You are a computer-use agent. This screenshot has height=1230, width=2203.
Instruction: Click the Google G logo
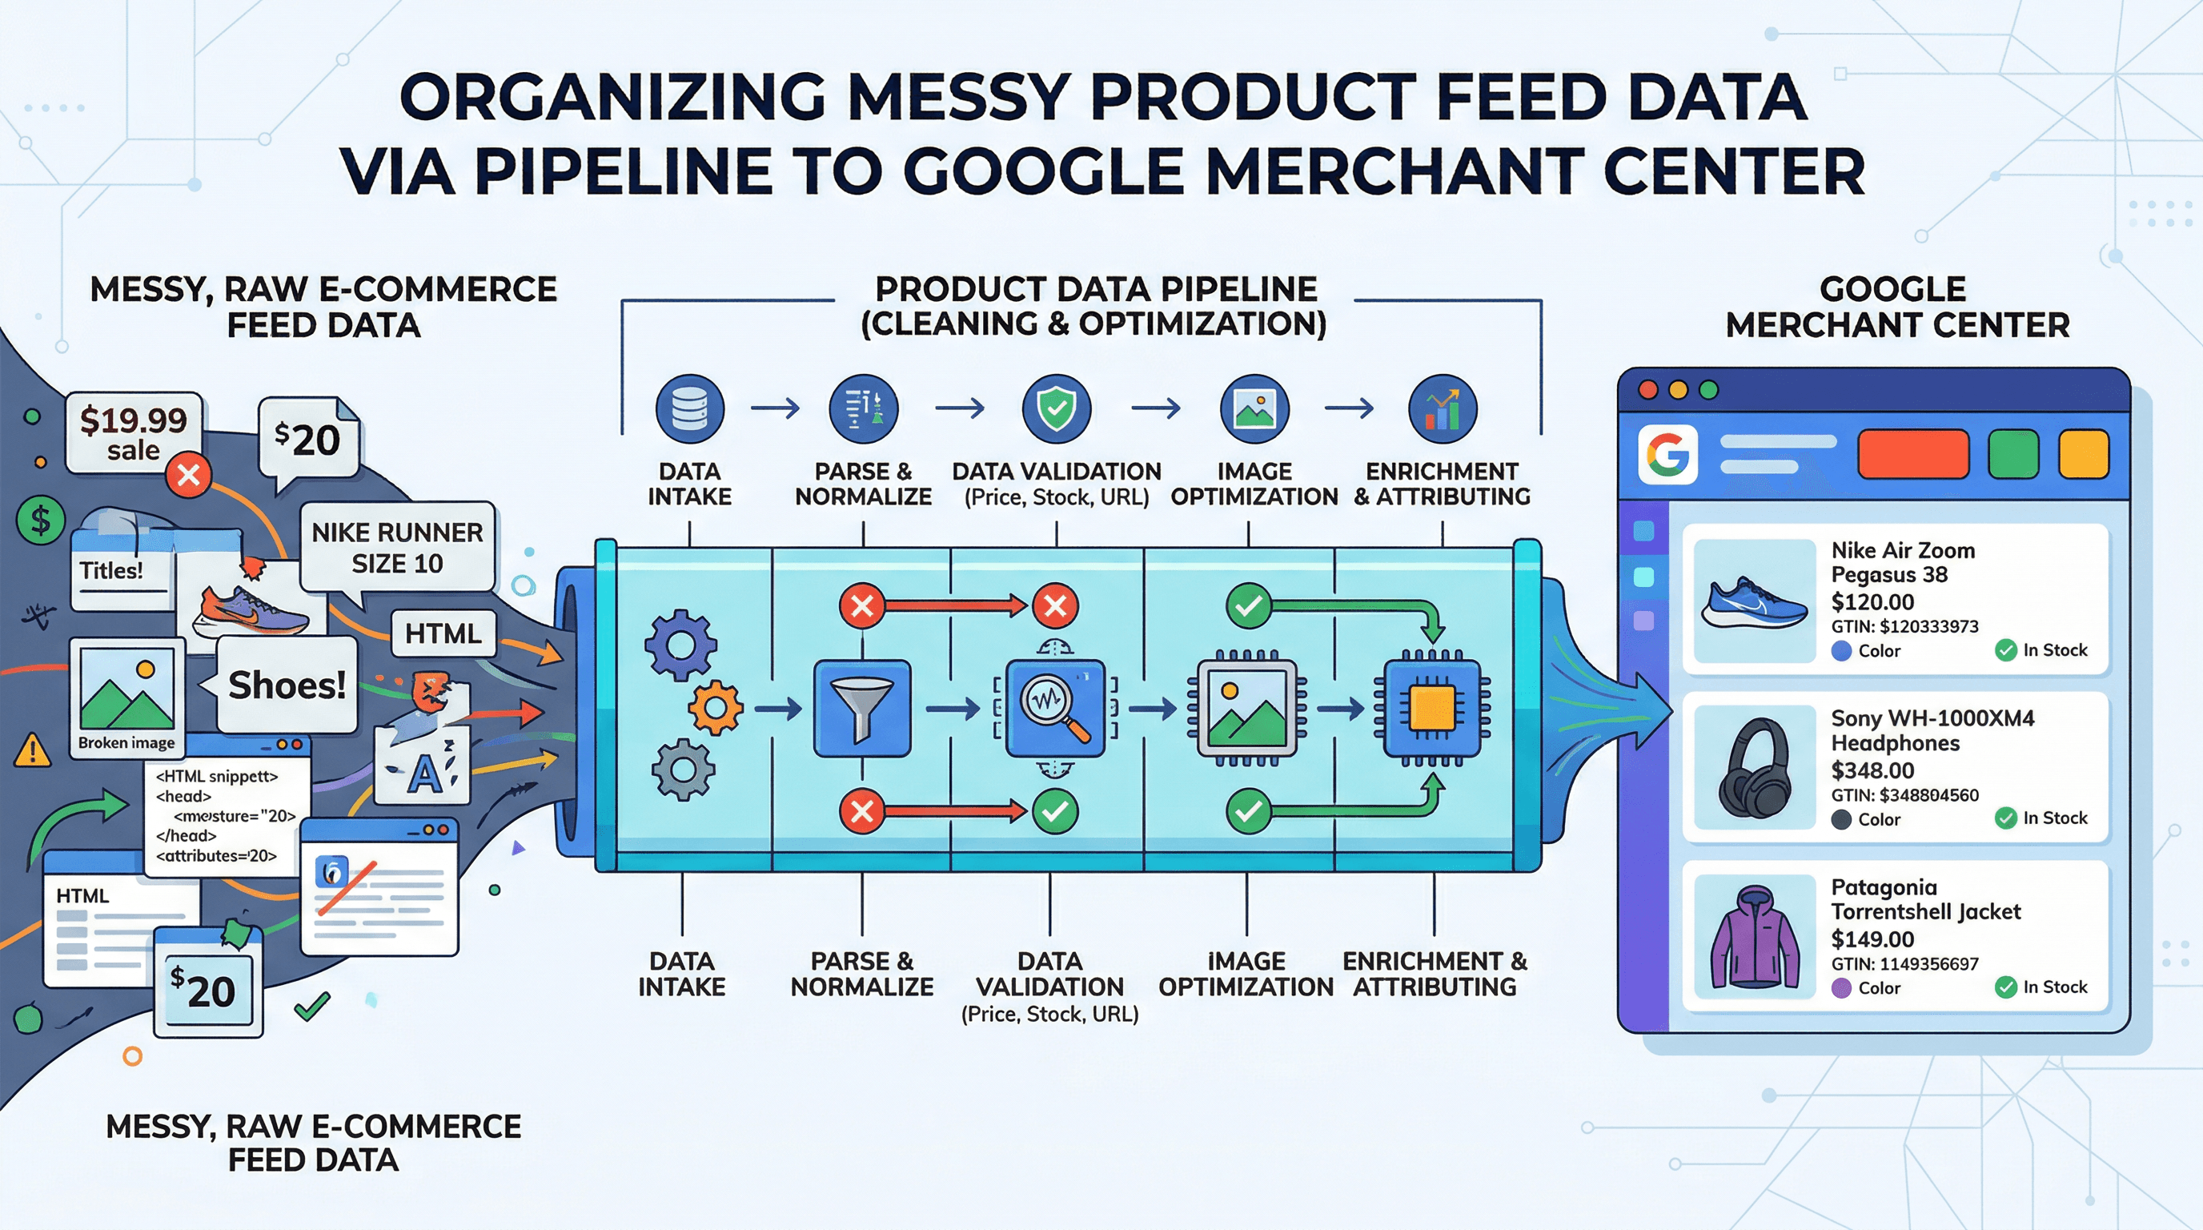coord(1667,454)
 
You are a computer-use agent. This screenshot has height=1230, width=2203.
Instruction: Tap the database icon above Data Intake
coord(689,408)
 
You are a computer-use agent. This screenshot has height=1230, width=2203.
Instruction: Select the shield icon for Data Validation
coord(1056,408)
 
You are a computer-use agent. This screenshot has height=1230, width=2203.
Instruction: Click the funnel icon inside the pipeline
coord(861,708)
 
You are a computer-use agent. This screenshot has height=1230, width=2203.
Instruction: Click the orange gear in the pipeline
coord(715,707)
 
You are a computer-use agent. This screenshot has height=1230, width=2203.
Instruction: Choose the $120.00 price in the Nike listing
coord(1872,601)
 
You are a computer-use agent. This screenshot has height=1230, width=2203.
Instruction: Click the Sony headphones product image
coord(1754,767)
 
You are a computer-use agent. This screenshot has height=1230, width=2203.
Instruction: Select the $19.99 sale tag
coord(134,432)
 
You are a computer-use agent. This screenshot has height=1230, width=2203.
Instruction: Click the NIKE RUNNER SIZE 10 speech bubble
coord(397,548)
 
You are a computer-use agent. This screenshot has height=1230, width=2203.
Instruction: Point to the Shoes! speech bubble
coord(287,685)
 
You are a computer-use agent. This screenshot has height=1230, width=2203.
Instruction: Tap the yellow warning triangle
coord(33,751)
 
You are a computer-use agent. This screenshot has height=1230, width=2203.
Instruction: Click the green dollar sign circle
coord(40,519)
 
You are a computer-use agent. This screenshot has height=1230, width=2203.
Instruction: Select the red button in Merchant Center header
coord(1913,454)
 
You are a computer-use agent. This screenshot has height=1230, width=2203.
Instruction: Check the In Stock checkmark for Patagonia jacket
coord(2005,987)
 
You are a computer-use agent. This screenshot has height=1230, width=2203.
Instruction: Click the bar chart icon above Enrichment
coord(1442,408)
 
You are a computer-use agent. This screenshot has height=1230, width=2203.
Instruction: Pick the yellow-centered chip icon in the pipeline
coord(1431,708)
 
